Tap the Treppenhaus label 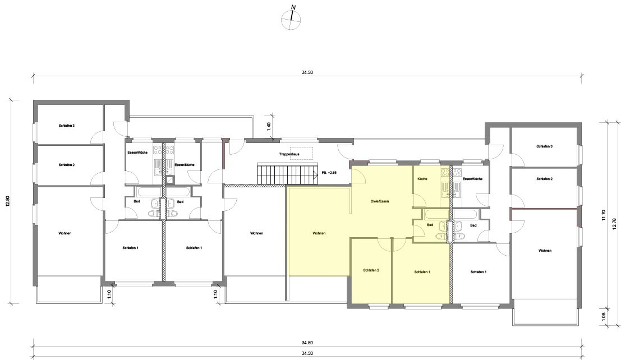(x=289, y=154)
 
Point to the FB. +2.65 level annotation (x=329, y=173)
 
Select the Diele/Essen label (x=379, y=201)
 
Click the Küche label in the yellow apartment (x=422, y=179)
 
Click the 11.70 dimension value (x=604, y=215)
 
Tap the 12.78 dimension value (x=614, y=224)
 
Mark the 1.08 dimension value (x=604, y=317)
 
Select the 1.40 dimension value (x=269, y=127)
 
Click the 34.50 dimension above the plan (x=307, y=72)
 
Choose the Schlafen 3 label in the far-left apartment (x=67, y=126)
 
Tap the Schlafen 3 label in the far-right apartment (x=545, y=146)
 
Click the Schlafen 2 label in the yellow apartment (x=371, y=270)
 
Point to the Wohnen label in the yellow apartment (x=319, y=233)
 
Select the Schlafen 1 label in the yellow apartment (x=422, y=272)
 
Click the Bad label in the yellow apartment (x=430, y=224)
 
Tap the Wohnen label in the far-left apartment (x=65, y=233)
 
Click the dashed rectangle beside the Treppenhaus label (x=301, y=154)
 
